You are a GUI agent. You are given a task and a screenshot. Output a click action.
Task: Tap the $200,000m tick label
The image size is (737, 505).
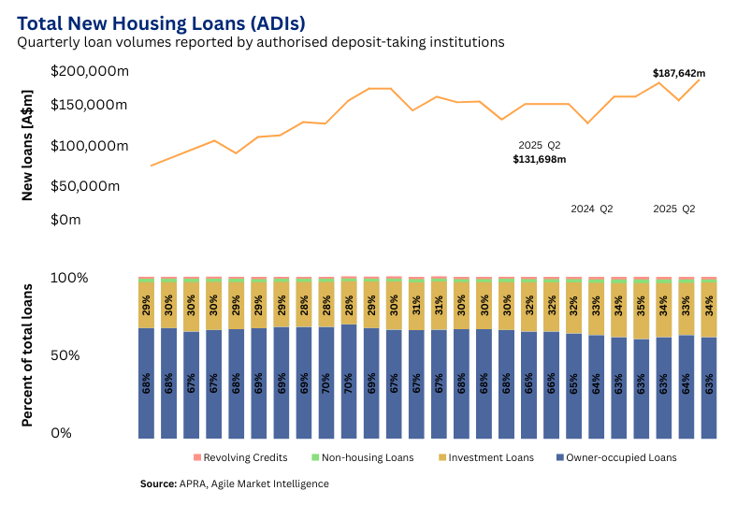(89, 71)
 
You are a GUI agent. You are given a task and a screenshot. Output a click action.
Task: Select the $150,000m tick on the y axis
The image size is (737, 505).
(89, 105)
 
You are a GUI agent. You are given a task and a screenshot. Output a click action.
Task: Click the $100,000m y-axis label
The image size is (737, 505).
(89, 146)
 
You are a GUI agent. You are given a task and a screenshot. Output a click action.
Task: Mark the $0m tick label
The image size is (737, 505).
(66, 220)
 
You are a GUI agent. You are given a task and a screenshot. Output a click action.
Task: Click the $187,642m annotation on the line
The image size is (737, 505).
(678, 73)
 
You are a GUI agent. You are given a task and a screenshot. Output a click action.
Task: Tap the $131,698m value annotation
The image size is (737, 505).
(539, 160)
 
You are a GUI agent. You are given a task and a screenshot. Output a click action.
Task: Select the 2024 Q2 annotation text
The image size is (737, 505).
(591, 209)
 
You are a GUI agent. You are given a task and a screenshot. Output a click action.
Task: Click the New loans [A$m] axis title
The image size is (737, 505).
(27, 145)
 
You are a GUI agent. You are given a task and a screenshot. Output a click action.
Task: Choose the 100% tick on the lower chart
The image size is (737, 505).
(69, 278)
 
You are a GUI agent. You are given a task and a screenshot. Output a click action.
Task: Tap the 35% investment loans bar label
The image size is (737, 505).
(641, 307)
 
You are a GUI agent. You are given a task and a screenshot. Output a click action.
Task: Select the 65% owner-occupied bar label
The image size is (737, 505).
(573, 384)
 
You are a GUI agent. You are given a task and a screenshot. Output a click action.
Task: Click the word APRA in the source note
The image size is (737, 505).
(193, 483)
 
